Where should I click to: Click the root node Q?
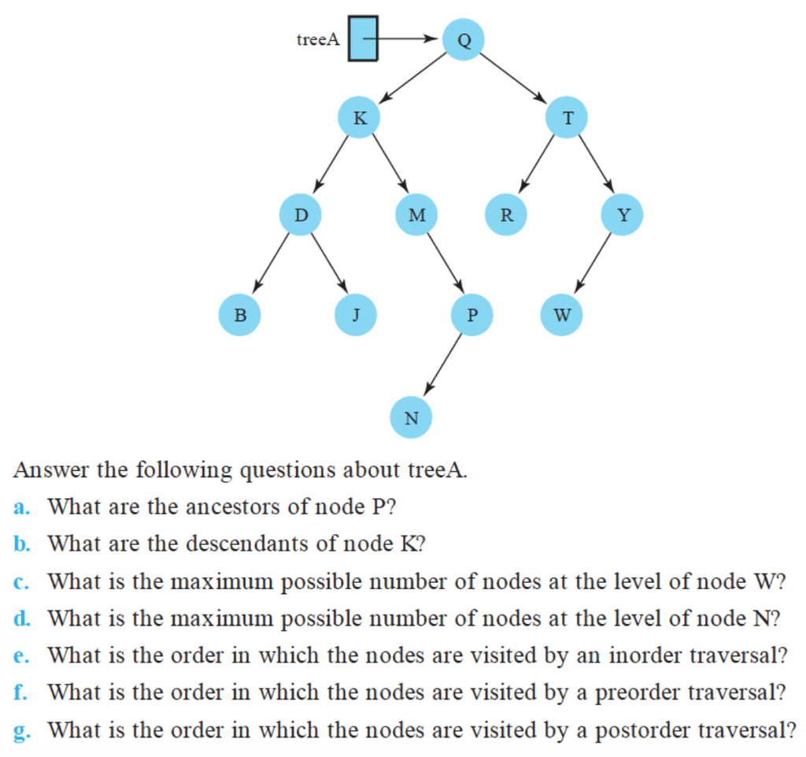(x=464, y=39)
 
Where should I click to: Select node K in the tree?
(x=359, y=118)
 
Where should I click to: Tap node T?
(x=568, y=118)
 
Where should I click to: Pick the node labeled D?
(x=301, y=214)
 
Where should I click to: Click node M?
(x=417, y=214)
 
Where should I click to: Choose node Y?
(x=622, y=214)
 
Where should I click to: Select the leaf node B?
(x=240, y=314)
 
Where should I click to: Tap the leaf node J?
(x=356, y=314)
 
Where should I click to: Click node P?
(x=471, y=314)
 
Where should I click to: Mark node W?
(x=561, y=314)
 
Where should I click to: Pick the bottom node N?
(x=411, y=417)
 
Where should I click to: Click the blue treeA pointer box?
(x=363, y=39)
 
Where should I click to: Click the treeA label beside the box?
(x=318, y=39)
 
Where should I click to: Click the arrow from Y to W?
(x=594, y=263)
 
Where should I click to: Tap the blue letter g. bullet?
(x=20, y=731)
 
